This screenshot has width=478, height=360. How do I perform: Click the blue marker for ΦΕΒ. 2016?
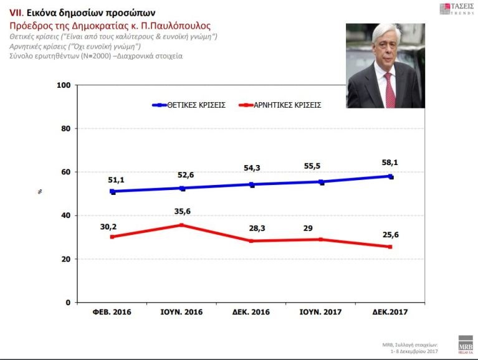point(112,192)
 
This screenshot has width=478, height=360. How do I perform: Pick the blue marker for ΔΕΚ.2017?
point(390,176)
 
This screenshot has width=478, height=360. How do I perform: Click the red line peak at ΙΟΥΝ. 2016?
point(182,225)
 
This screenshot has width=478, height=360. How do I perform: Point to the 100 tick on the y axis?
point(62,85)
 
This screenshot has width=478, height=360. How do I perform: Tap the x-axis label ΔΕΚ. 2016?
point(252,311)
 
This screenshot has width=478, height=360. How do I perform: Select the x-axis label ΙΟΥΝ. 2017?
point(322,311)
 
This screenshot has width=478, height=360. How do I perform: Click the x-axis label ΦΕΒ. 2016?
point(112,311)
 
